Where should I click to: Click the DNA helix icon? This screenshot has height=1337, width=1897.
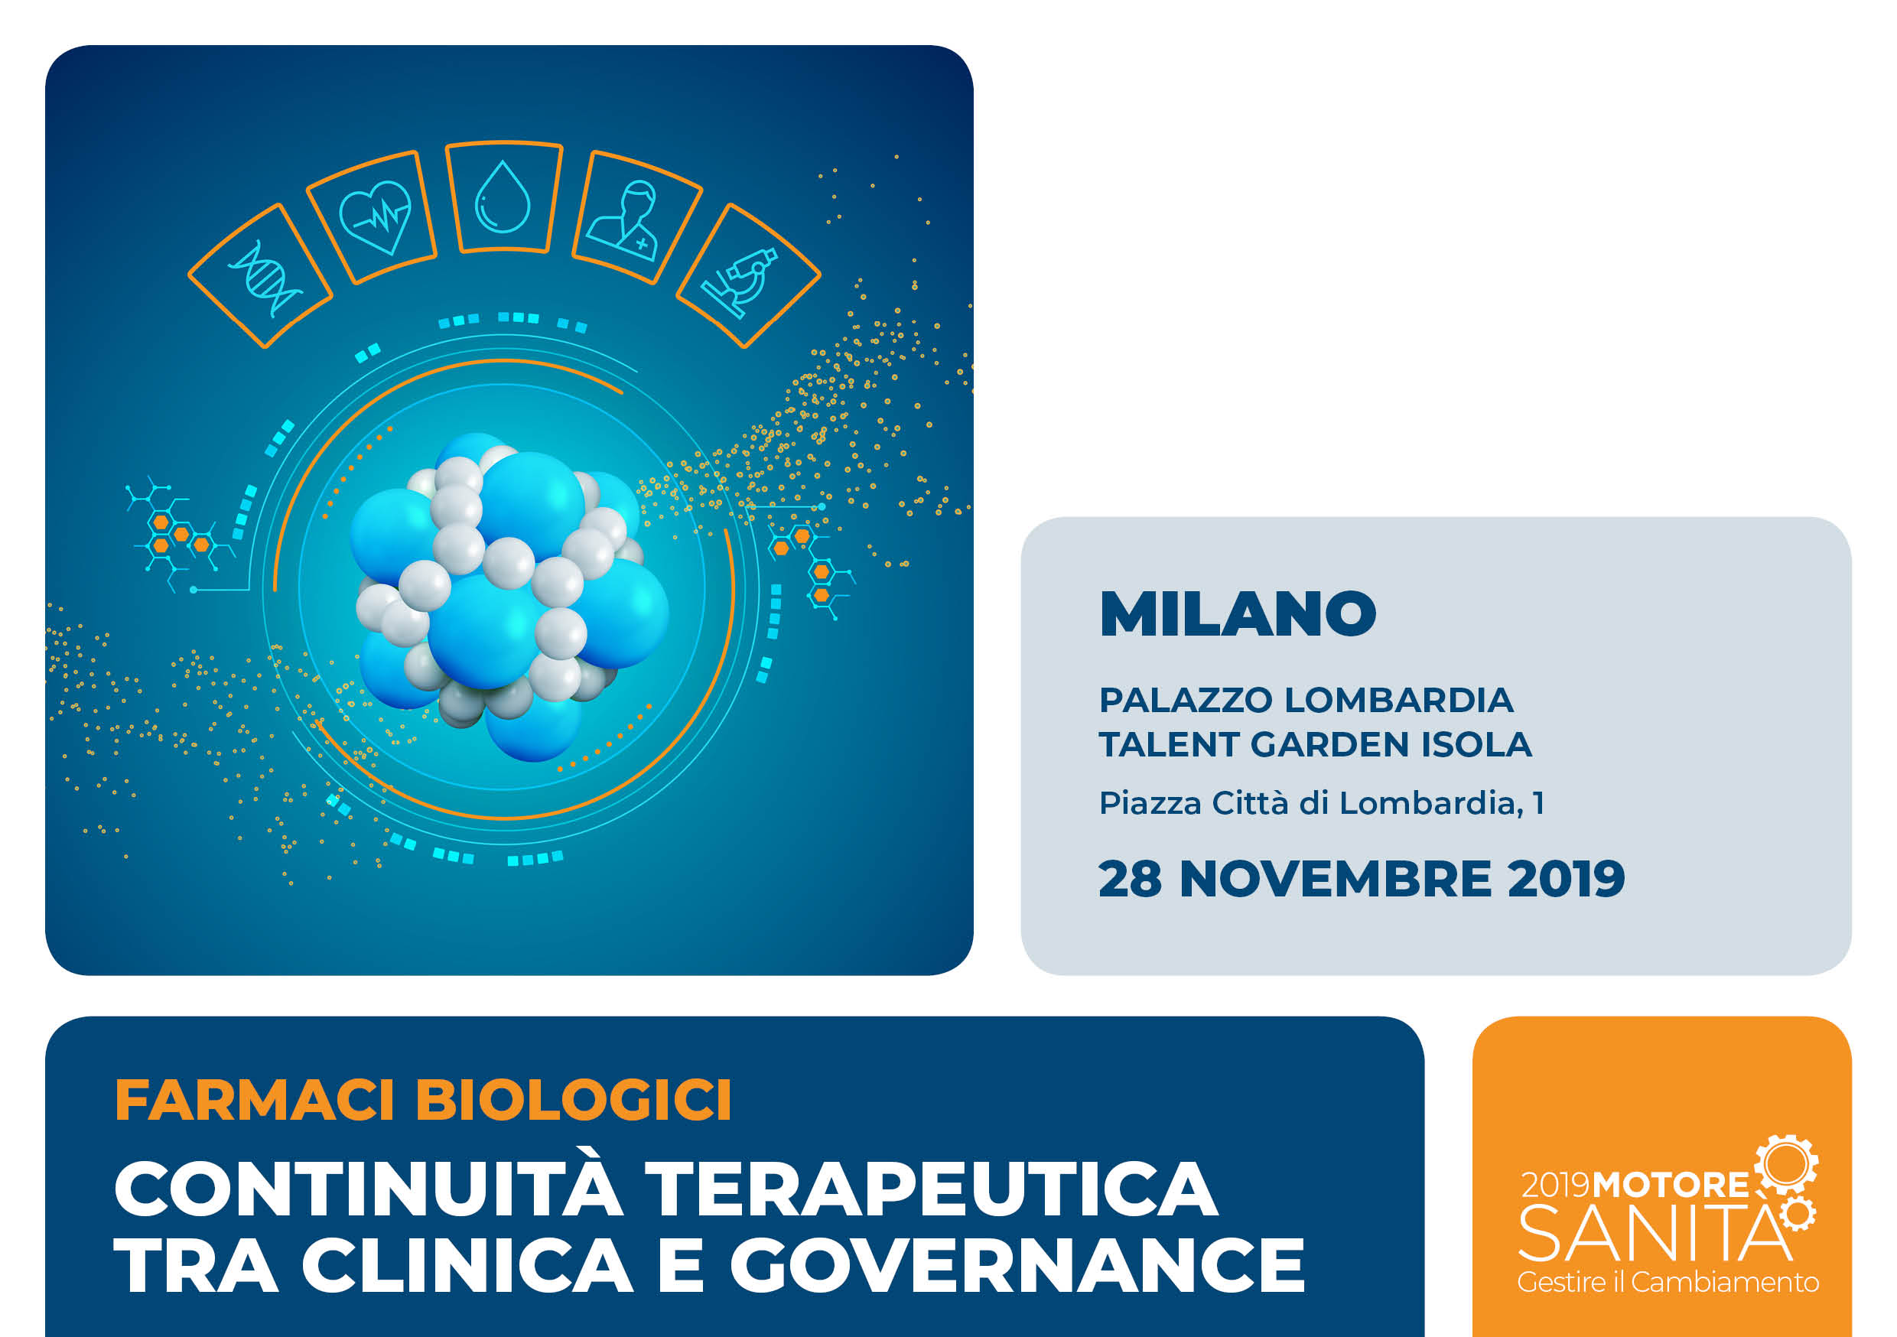pos(265,278)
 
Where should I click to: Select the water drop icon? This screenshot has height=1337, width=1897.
pos(502,197)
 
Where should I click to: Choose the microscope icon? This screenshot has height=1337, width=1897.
pos(740,281)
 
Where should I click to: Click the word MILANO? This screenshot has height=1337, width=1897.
pos(1237,614)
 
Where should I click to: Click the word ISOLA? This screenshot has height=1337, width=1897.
pos(1476,744)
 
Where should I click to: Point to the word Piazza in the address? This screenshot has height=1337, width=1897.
pos(1150,803)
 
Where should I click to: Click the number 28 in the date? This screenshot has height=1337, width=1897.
pos(1131,878)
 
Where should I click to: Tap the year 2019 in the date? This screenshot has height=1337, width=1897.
pos(1566,878)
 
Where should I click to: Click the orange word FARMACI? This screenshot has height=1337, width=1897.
pos(255,1100)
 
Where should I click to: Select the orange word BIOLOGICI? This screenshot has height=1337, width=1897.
pos(574,1100)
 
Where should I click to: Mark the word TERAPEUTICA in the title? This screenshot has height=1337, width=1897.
pos(931,1189)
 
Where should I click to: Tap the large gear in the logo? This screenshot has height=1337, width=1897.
pos(1785,1164)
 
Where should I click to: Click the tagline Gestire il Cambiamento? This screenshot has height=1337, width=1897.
pos(1668,1283)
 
